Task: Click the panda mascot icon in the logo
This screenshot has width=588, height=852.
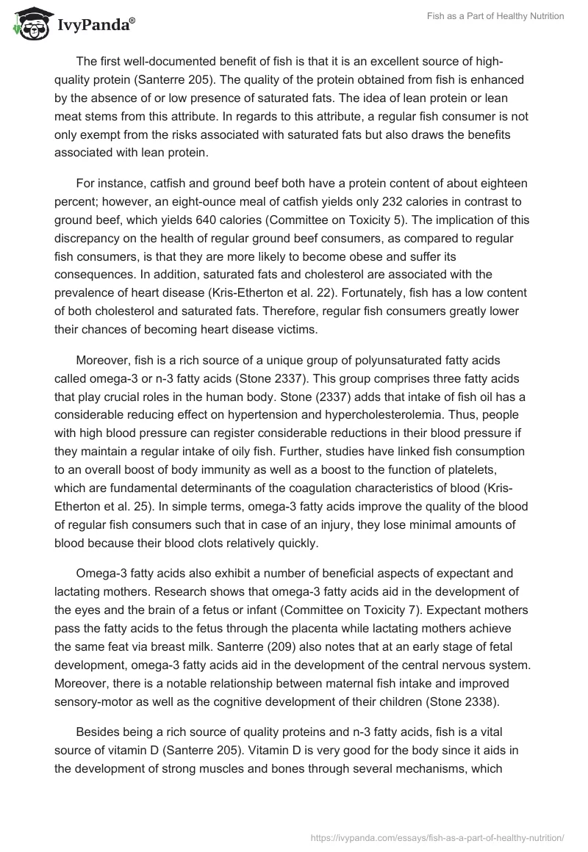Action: pos(28,24)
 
